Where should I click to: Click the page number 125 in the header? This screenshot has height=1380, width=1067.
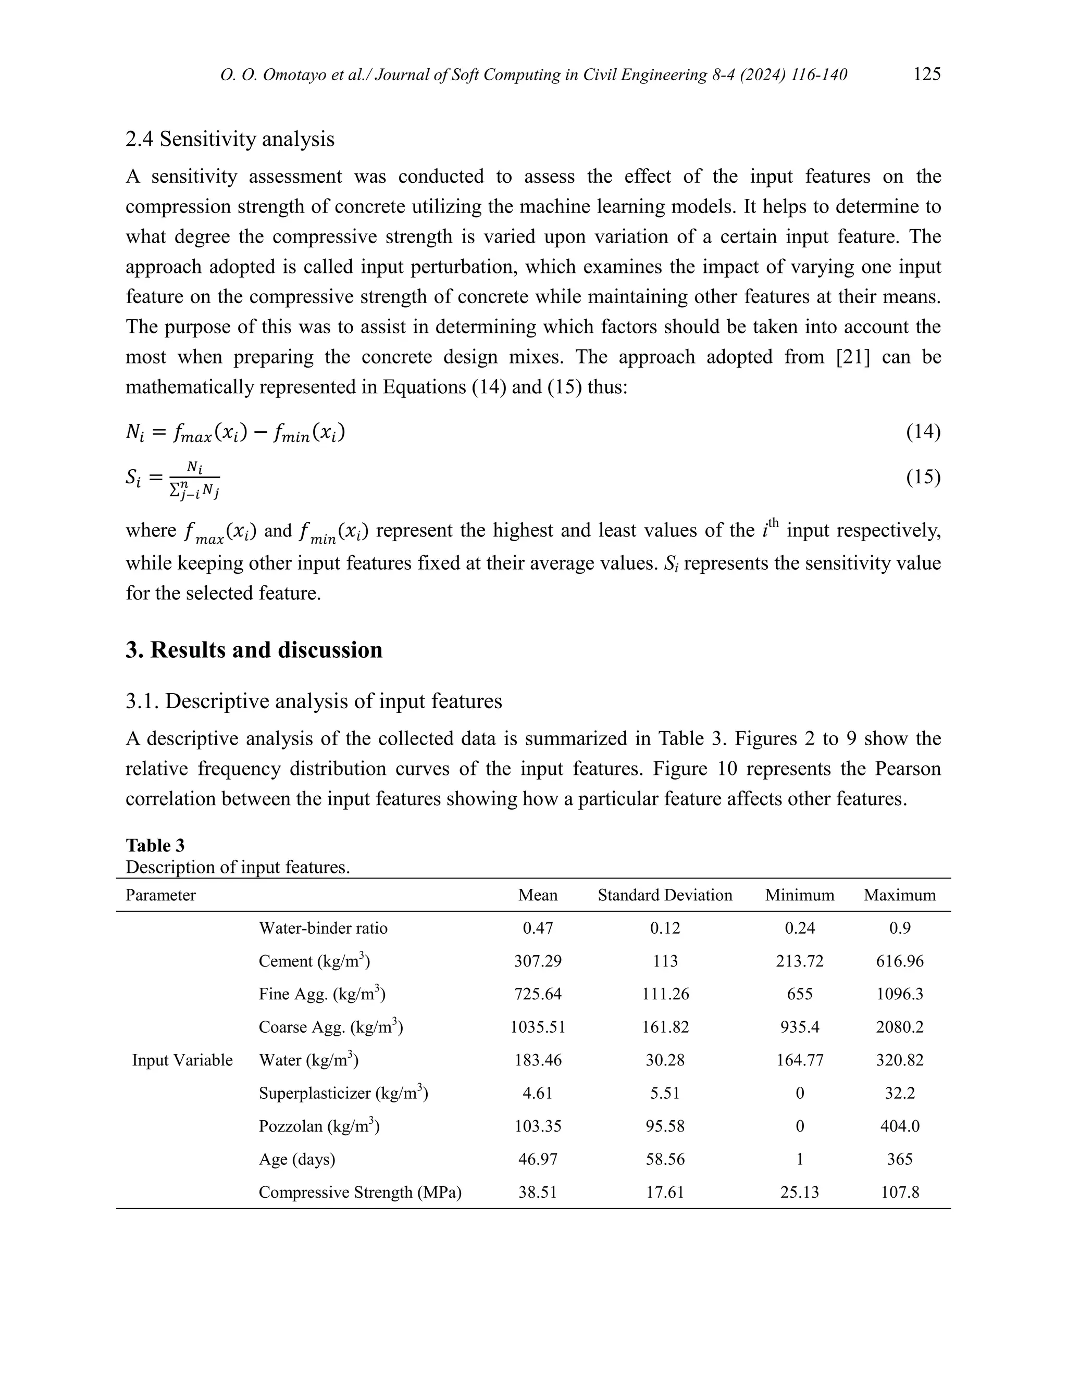tap(927, 74)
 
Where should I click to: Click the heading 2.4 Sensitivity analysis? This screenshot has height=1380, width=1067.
tap(230, 139)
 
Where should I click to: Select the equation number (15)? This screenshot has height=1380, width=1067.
tap(923, 477)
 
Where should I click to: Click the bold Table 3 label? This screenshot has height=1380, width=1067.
tap(155, 845)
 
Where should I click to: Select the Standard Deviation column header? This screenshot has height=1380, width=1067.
tap(665, 895)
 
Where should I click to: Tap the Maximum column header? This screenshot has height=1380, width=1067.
tap(899, 895)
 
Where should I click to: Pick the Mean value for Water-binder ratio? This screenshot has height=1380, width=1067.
tap(538, 928)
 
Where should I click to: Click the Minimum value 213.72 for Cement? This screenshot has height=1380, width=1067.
tap(800, 961)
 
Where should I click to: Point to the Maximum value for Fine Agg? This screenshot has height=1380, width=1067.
tap(899, 994)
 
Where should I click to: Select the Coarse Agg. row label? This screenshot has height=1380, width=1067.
tap(331, 1027)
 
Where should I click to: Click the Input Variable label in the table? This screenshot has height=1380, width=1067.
tap(182, 1060)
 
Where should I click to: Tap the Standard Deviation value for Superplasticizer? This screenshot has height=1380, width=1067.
tap(665, 1093)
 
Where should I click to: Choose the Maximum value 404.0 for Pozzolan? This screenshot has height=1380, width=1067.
tap(899, 1126)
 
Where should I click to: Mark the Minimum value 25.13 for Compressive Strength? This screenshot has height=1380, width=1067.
tap(800, 1193)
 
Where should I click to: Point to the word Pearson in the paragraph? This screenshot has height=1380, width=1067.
tap(908, 769)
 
